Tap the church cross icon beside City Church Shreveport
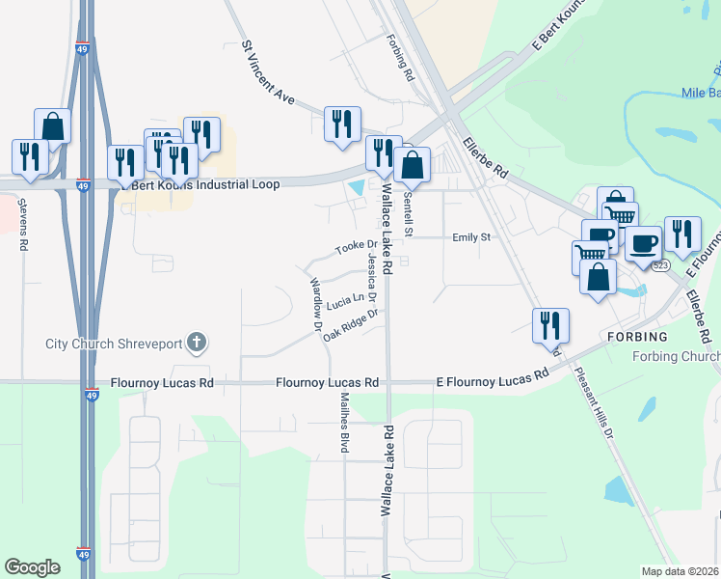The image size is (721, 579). click(197, 342)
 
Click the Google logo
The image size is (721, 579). click(33, 567)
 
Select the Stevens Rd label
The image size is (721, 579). click(21, 224)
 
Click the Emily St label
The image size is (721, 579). click(472, 236)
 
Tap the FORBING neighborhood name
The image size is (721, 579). click(637, 337)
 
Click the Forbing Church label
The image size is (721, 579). click(676, 357)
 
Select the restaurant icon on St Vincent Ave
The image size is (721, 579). click(342, 124)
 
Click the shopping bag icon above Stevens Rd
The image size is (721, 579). click(52, 126)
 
